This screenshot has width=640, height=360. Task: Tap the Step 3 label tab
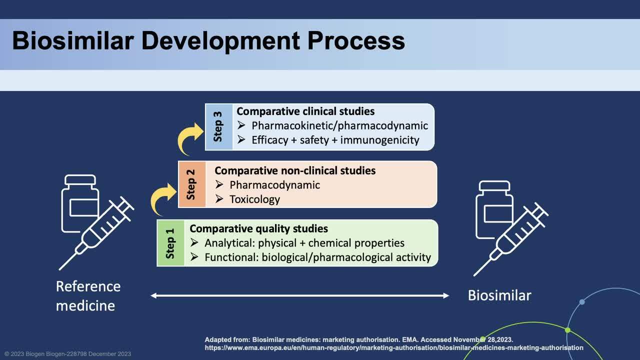pyautogui.click(x=218, y=127)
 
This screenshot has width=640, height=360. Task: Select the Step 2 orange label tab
pyautogui.click(x=191, y=184)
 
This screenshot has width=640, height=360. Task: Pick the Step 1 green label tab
pyautogui.click(x=170, y=243)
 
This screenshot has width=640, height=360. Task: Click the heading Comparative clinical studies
pyautogui.click(x=305, y=111)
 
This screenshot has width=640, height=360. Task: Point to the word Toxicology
pyautogui.click(x=254, y=199)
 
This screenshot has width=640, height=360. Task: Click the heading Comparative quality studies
pyautogui.click(x=258, y=229)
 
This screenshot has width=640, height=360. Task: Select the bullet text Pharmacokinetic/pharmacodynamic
pyautogui.click(x=339, y=126)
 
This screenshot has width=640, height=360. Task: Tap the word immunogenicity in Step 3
pyautogui.click(x=379, y=140)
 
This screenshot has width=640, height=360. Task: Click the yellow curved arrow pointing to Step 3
pyautogui.click(x=190, y=139)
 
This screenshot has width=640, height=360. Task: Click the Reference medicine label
pyautogui.click(x=88, y=295)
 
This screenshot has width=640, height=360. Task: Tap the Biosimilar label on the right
pyautogui.click(x=499, y=295)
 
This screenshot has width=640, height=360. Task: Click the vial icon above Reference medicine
pyautogui.click(x=79, y=202)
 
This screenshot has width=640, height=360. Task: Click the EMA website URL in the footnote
pyautogui.click(x=393, y=347)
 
